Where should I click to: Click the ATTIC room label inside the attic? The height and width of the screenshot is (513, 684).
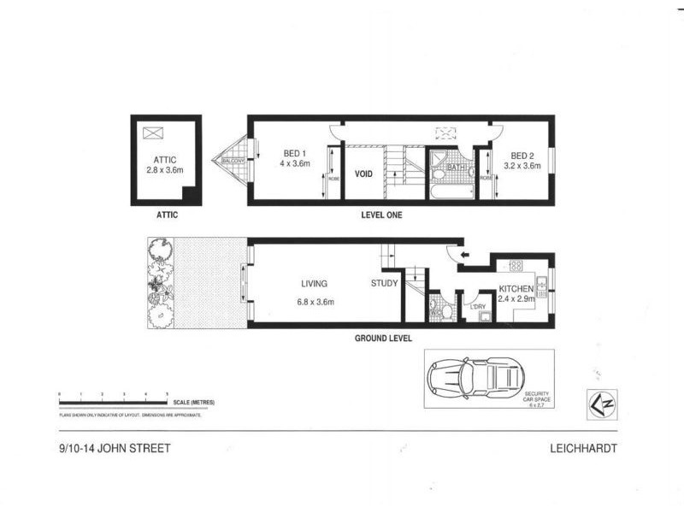164,159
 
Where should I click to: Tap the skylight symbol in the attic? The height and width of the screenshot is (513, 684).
153,133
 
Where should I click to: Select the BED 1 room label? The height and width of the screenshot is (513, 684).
296,155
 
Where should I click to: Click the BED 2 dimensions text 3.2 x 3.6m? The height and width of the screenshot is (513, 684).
522,166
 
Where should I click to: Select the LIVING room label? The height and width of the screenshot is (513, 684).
315,284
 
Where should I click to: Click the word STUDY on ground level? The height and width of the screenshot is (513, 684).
384,284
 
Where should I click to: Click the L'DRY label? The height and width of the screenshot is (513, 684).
478,305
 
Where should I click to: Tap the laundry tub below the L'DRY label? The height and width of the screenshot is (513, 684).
483,317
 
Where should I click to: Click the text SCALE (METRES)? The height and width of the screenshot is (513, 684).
192,402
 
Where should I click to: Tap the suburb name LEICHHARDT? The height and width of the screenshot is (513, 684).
586,448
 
